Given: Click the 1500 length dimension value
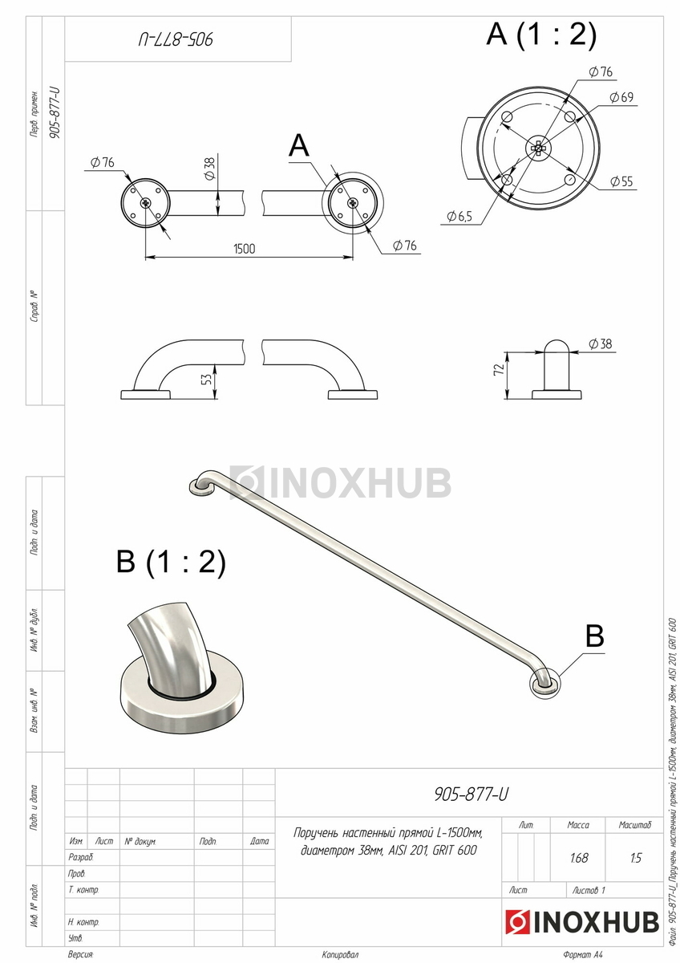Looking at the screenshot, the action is [x=244, y=249].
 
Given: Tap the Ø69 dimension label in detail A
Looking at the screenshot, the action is [x=621, y=97].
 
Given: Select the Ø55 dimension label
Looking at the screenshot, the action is [x=621, y=181].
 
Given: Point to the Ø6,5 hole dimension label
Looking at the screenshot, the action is [x=459, y=216].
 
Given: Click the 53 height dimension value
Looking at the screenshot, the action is [x=207, y=379].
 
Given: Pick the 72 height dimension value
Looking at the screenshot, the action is [x=498, y=370].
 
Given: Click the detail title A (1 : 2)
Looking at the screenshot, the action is [x=541, y=34].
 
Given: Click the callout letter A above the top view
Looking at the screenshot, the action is [x=299, y=145].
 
